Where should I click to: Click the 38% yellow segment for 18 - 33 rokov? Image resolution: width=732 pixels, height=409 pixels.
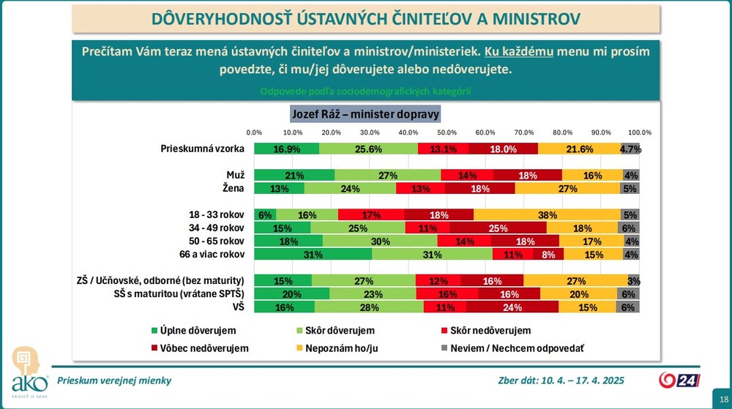click(x=547, y=215)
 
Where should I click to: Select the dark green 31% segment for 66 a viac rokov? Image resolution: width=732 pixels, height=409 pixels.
click(x=313, y=255)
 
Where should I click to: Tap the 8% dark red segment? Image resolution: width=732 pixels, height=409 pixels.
click(x=548, y=255)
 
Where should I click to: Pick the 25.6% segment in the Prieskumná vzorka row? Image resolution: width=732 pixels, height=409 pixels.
click(x=368, y=149)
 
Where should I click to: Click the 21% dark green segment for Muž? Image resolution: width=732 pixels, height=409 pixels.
click(x=294, y=176)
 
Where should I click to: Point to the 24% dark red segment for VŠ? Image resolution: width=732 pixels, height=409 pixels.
click(x=512, y=307)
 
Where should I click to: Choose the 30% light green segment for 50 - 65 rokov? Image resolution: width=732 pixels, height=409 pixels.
click(x=380, y=241)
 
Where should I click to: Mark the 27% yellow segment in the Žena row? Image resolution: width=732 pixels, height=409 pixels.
click(x=568, y=189)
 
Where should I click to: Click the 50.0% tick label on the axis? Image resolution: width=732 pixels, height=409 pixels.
click(x=447, y=132)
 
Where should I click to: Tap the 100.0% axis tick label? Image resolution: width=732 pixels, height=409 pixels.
click(x=640, y=132)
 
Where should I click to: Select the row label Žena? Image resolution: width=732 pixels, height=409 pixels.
click(x=234, y=189)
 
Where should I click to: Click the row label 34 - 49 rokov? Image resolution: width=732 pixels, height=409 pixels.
click(x=216, y=228)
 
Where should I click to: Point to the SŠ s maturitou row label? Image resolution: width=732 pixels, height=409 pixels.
click(x=179, y=294)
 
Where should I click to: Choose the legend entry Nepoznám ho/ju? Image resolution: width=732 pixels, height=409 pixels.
click(x=337, y=348)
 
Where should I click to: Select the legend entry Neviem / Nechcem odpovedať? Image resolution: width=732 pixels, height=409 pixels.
click(x=512, y=348)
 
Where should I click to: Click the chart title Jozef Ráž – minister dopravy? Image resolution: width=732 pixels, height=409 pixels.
click(x=365, y=114)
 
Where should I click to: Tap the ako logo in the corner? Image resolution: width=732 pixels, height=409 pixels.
click(x=29, y=372)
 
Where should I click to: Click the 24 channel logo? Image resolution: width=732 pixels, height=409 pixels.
click(x=679, y=380)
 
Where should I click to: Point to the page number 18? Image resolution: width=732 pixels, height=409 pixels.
click(x=724, y=399)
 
